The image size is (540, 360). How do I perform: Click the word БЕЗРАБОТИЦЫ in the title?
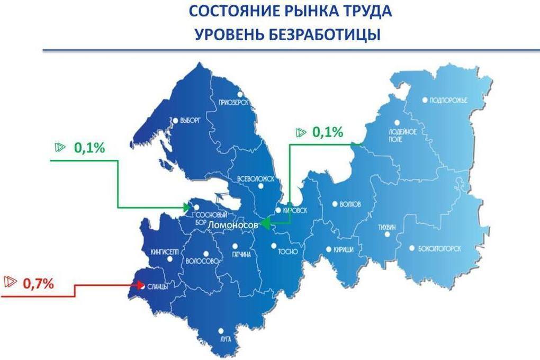click(x=325, y=35)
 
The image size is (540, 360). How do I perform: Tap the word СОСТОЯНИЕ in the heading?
click(x=234, y=11)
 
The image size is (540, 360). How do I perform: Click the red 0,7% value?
click(x=38, y=284)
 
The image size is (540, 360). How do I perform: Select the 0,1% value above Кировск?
click(x=328, y=132)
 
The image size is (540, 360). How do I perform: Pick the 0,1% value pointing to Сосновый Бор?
click(x=89, y=148)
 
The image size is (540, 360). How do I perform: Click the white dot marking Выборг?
click(x=175, y=121)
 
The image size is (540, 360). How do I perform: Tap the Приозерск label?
click(x=233, y=102)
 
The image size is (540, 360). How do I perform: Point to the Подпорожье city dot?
click(x=425, y=100)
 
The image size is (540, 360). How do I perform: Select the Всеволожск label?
click(x=256, y=179)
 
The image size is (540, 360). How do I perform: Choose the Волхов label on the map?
click(x=350, y=204)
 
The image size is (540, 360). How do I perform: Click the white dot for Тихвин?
click(x=387, y=235)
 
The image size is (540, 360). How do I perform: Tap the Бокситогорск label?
click(x=439, y=248)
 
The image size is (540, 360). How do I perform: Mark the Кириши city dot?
click(x=329, y=249)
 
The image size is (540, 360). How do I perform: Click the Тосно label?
click(x=288, y=252)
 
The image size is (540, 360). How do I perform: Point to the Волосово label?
click(x=202, y=261)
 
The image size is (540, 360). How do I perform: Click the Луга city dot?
click(x=221, y=331)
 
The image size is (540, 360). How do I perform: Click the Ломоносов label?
click(x=233, y=225)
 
